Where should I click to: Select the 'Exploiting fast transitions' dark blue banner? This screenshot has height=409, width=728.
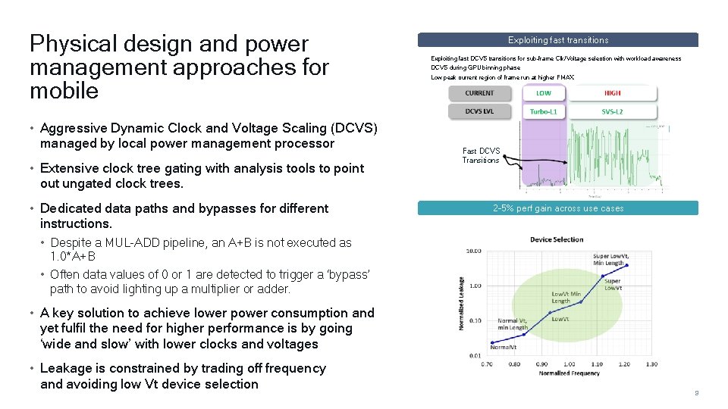tap(557, 40)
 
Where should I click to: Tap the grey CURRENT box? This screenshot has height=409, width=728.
tap(479, 93)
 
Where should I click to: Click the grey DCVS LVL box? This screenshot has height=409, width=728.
tap(479, 111)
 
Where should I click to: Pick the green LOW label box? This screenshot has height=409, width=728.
tap(543, 93)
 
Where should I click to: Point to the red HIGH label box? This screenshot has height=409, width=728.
tap(612, 93)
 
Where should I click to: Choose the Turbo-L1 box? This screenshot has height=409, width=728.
tap(543, 111)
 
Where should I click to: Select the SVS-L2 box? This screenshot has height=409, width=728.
tap(612, 111)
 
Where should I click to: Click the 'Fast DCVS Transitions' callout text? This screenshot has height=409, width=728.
tap(481, 155)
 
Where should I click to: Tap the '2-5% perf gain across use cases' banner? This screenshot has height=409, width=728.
tap(557, 208)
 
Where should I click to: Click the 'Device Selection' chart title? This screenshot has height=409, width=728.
tap(557, 239)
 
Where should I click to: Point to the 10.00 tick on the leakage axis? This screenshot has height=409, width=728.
tap(472, 251)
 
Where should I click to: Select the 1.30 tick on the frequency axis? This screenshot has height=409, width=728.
tap(651, 364)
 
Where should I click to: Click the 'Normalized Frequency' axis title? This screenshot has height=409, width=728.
tap(569, 374)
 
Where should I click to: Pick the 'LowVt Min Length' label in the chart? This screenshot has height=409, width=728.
tap(566, 298)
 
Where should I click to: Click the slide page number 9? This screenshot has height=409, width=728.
tap(696, 393)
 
